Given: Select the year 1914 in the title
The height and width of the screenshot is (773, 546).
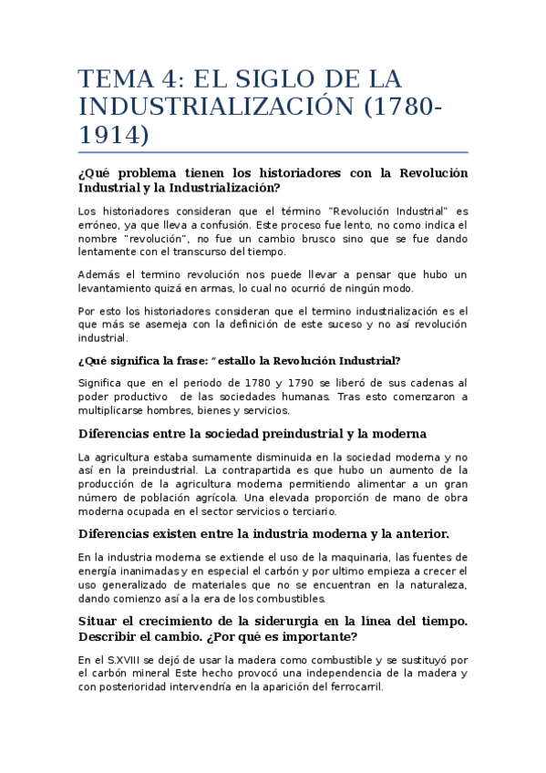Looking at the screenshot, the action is pos(114,134).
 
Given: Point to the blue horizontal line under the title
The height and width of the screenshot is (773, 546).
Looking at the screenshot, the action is pos(273,151).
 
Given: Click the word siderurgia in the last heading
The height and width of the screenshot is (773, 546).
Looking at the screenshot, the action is pos(259,621).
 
